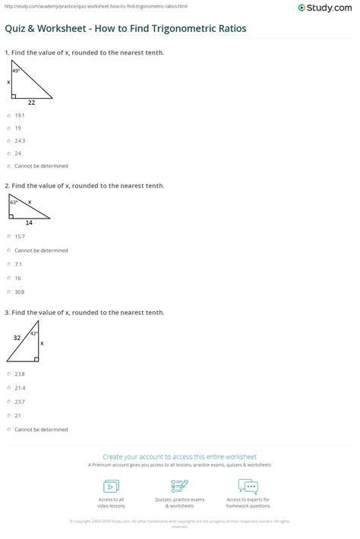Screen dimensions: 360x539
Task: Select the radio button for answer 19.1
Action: pos(8,115)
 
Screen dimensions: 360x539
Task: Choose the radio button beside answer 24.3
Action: pos(8,140)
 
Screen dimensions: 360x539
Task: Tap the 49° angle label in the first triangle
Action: pos(16,71)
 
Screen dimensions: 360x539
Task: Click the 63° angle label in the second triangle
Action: pos(14,203)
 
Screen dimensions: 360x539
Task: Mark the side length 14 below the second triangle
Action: pos(30,223)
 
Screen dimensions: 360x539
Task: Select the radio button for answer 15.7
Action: pos(8,237)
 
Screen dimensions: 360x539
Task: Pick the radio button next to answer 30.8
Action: pos(8,292)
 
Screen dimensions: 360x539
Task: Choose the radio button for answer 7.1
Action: pos(8,264)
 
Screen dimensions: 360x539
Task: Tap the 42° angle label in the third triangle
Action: pos(34,333)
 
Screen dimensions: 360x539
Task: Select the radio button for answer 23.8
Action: pos(8,374)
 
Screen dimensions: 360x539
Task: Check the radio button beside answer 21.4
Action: pos(8,388)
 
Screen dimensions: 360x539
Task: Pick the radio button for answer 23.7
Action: pos(8,402)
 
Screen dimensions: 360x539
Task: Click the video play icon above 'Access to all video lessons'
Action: pos(111,486)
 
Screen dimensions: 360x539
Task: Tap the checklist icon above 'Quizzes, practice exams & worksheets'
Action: pos(180,486)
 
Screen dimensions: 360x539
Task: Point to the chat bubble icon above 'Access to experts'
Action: pos(248,486)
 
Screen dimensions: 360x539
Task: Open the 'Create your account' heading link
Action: pos(179,457)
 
